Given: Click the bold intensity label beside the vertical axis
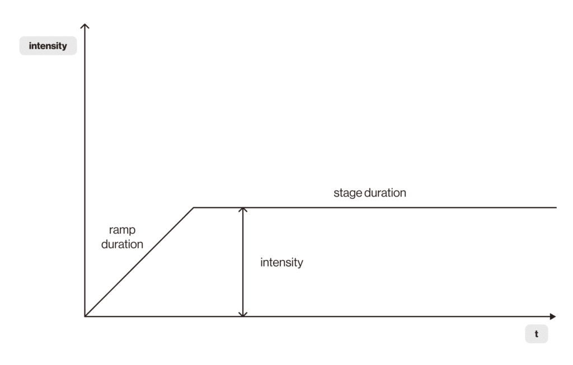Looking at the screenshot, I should pos(48,46).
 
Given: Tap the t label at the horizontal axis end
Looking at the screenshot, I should pos(536,334).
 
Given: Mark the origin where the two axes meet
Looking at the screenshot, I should pos(85,316).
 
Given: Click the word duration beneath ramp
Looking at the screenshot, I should pos(122,244).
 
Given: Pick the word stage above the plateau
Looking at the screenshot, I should pos(347,193).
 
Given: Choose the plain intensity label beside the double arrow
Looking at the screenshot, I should pos(281,262).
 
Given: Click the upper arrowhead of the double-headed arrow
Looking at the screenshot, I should pos(242,211).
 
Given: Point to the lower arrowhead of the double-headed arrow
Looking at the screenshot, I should pos(242,313).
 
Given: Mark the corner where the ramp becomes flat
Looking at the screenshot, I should pos(194,208).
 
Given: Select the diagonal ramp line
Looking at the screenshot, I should pos(140,262).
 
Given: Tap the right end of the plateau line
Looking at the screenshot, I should pos(556,208).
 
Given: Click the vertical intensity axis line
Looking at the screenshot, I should pos(85,168).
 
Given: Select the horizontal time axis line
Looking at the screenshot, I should pos(336,316).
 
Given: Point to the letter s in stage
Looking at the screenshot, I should pos(336,194).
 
